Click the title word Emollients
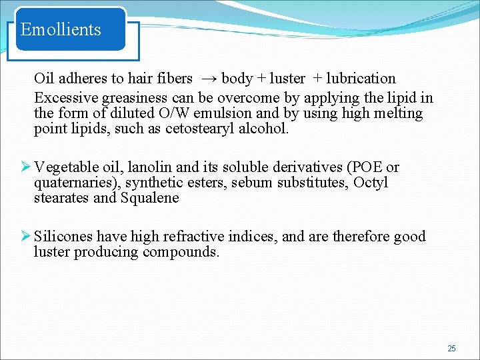[x=61, y=29]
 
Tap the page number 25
[x=451, y=348]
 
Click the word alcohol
[x=265, y=129]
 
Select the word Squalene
[x=150, y=198]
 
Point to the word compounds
[x=181, y=252]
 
